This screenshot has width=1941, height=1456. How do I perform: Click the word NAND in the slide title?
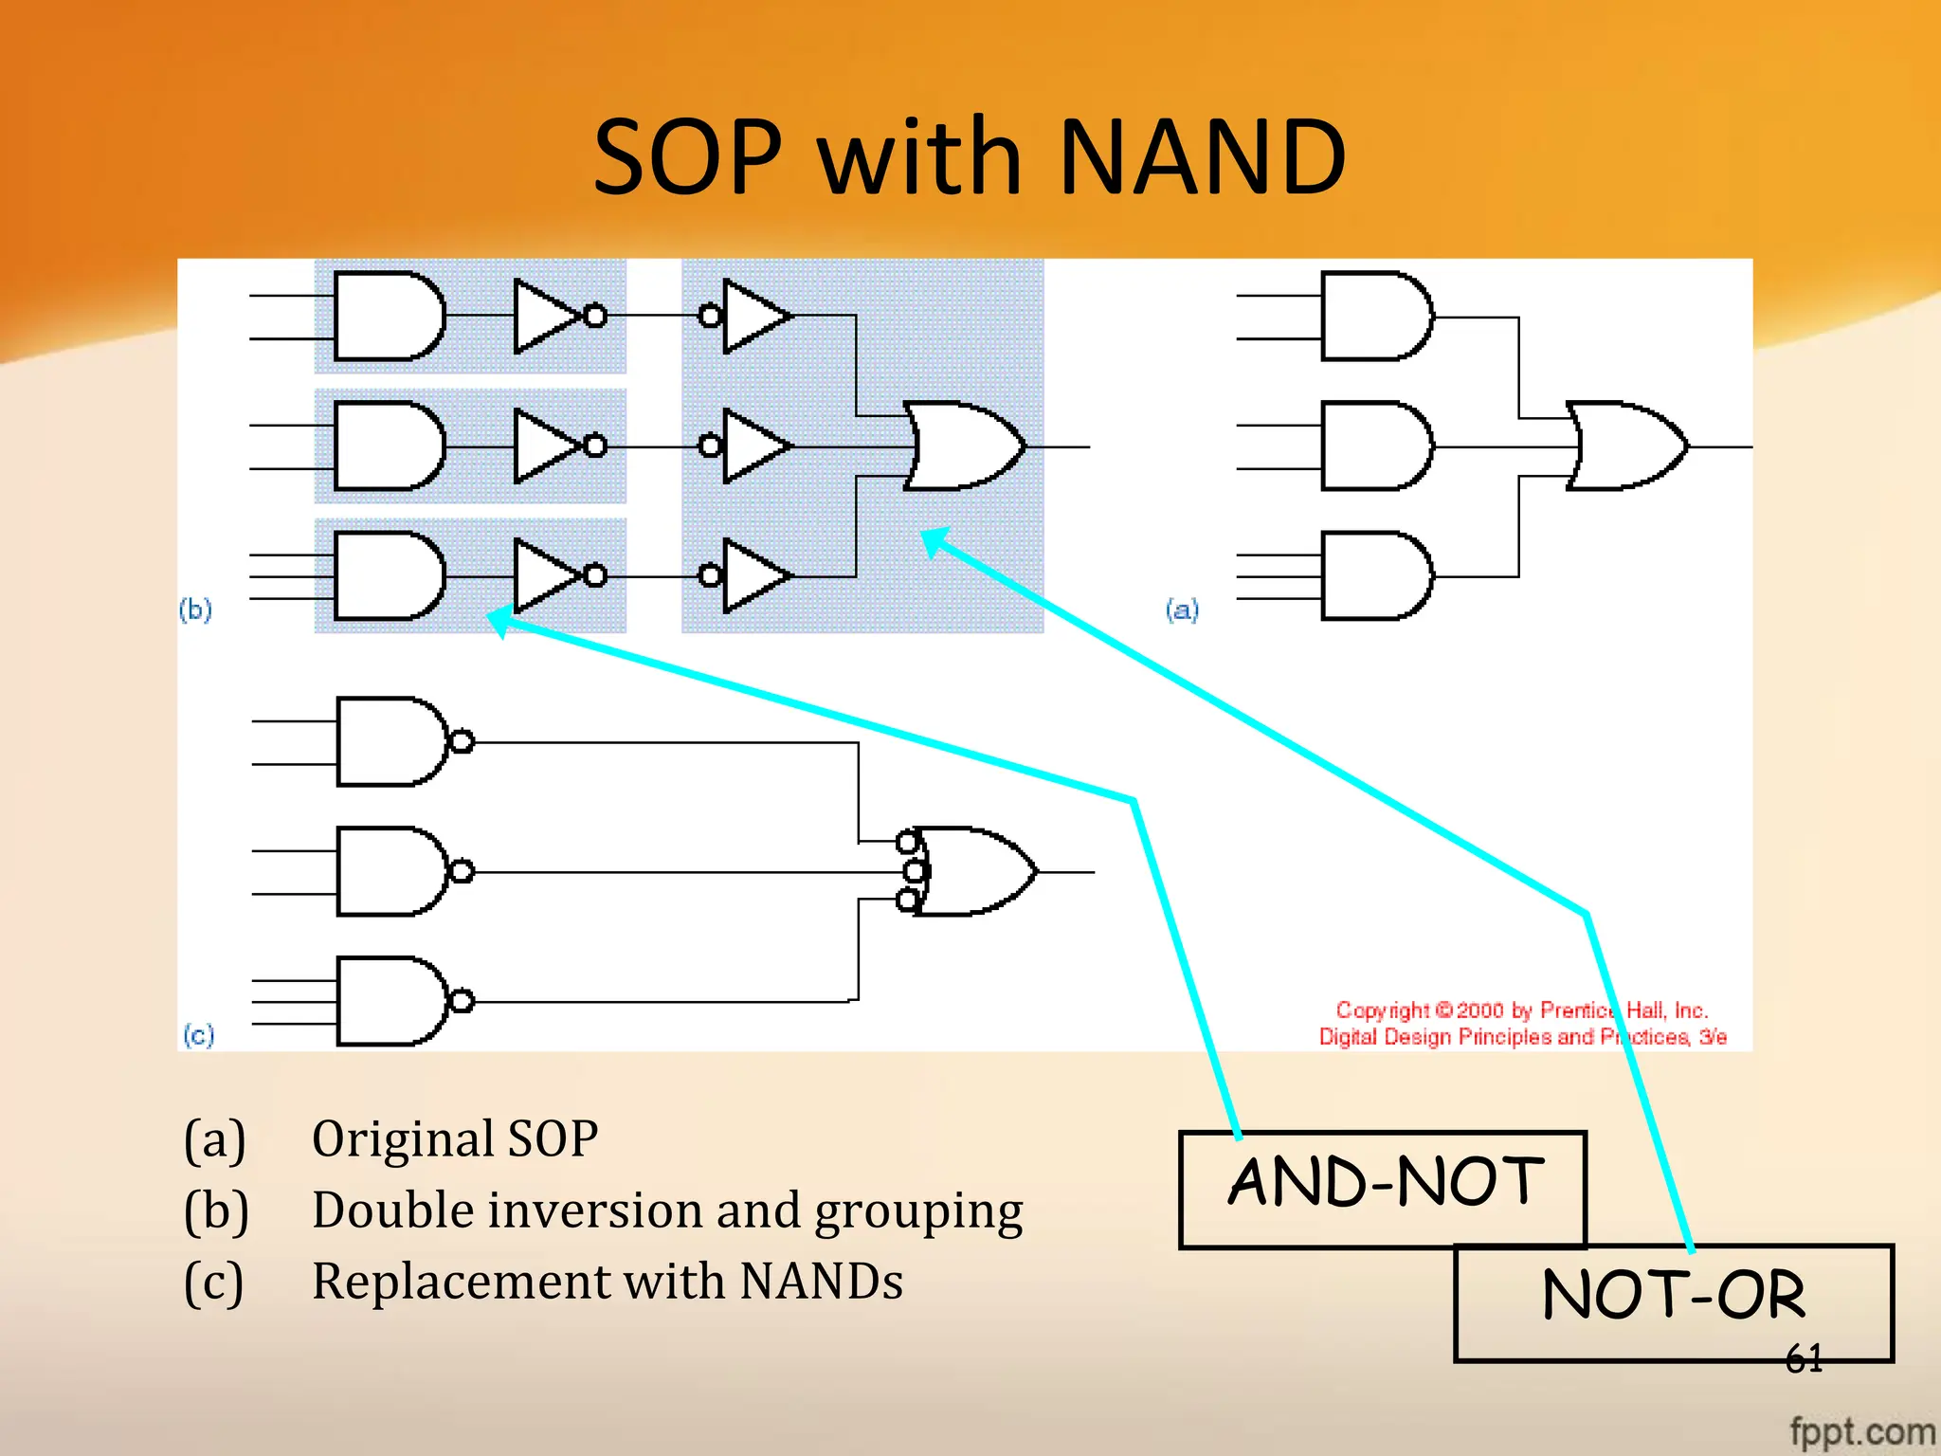click(1201, 156)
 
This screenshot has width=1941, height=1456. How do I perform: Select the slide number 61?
click(1804, 1359)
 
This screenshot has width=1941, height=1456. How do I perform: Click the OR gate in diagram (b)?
click(962, 446)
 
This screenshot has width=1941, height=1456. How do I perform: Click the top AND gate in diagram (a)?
click(1374, 316)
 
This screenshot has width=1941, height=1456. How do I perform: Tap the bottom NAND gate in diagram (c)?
click(393, 1001)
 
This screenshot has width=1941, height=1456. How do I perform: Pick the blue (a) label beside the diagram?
click(1182, 610)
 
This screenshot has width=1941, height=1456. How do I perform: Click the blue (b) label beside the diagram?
click(195, 610)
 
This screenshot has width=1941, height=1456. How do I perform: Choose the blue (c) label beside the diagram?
click(198, 1034)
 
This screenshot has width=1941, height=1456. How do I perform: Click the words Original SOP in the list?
click(455, 1138)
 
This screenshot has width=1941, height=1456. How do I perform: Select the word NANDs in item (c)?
click(821, 1282)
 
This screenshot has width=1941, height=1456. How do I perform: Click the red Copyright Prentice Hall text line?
click(1520, 1010)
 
